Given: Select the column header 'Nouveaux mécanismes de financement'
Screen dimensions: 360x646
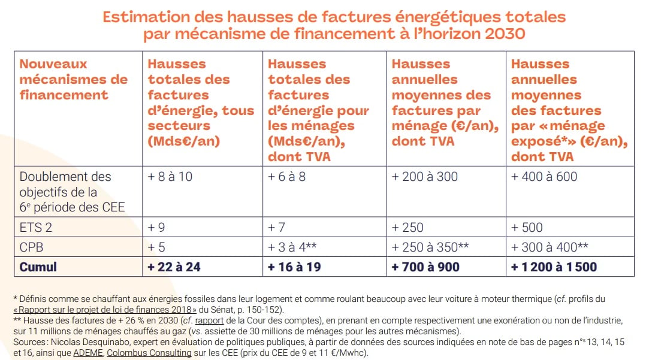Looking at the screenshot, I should pos(73,79).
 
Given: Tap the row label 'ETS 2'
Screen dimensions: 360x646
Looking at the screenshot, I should pos(37,228).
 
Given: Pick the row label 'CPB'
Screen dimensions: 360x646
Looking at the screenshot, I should pos(32,247).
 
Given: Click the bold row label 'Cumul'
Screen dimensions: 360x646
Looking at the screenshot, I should pos(38,267).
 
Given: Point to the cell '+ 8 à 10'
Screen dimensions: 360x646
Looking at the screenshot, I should pos(170,177).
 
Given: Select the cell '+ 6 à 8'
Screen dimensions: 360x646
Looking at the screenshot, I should pos(286,177).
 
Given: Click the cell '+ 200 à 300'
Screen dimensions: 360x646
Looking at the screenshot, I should pos(424,177).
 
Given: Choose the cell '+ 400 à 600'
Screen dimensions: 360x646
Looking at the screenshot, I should pos(544,177).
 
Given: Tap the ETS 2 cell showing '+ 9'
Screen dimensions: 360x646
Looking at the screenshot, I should pos(156,228).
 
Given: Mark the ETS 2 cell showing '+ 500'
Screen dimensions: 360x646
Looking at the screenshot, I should pos(527,228).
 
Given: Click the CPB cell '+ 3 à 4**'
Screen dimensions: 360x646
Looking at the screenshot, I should pos(295,247).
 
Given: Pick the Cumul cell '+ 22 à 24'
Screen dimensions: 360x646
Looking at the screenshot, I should pos(174,267).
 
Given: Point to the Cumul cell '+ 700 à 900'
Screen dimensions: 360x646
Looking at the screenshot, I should pos(425,267).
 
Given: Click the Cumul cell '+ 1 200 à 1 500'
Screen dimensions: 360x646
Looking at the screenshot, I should pos(554,267).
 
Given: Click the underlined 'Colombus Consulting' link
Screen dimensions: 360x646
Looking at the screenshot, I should pos(149,353).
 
